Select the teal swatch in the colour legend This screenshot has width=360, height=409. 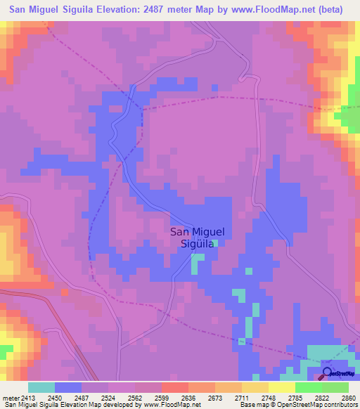pyautogui.click(x=41, y=387)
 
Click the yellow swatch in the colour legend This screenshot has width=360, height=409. pyautogui.click(x=281, y=387)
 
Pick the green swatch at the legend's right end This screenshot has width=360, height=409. pyautogui.click(x=335, y=387)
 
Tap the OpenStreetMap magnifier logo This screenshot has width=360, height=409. pyautogui.click(x=327, y=372)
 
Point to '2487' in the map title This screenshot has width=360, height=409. pyautogui.click(x=160, y=10)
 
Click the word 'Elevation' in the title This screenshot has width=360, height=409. pyautogui.click(x=116, y=10)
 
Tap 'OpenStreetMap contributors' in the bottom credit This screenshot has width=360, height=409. pyautogui.click(x=321, y=404)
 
